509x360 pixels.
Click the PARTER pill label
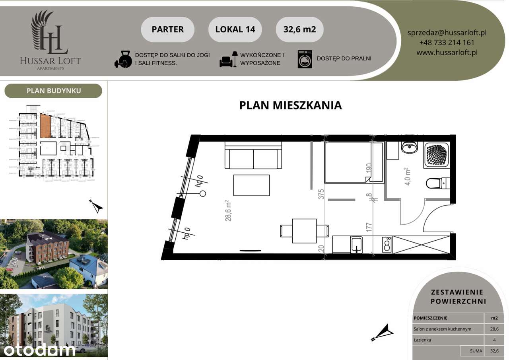click(x=167, y=29)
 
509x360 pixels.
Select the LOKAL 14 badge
click(x=235, y=29)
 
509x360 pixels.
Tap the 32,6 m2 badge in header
click(x=299, y=29)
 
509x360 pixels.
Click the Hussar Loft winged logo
click(x=50, y=33)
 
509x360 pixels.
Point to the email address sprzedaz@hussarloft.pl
click(x=447, y=33)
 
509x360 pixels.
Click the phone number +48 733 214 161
click(x=447, y=43)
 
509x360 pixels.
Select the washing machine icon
click(x=305, y=59)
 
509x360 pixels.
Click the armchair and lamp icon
click(x=228, y=59)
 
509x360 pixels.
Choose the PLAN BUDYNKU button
click(x=53, y=91)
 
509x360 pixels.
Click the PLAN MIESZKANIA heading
click(x=290, y=105)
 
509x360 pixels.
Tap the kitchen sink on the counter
click(x=356, y=244)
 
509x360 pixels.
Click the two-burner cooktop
click(x=387, y=244)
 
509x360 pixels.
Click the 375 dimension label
click(x=322, y=194)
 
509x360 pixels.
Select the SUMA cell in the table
click(x=476, y=351)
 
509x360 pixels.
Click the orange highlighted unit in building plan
click(x=45, y=125)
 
